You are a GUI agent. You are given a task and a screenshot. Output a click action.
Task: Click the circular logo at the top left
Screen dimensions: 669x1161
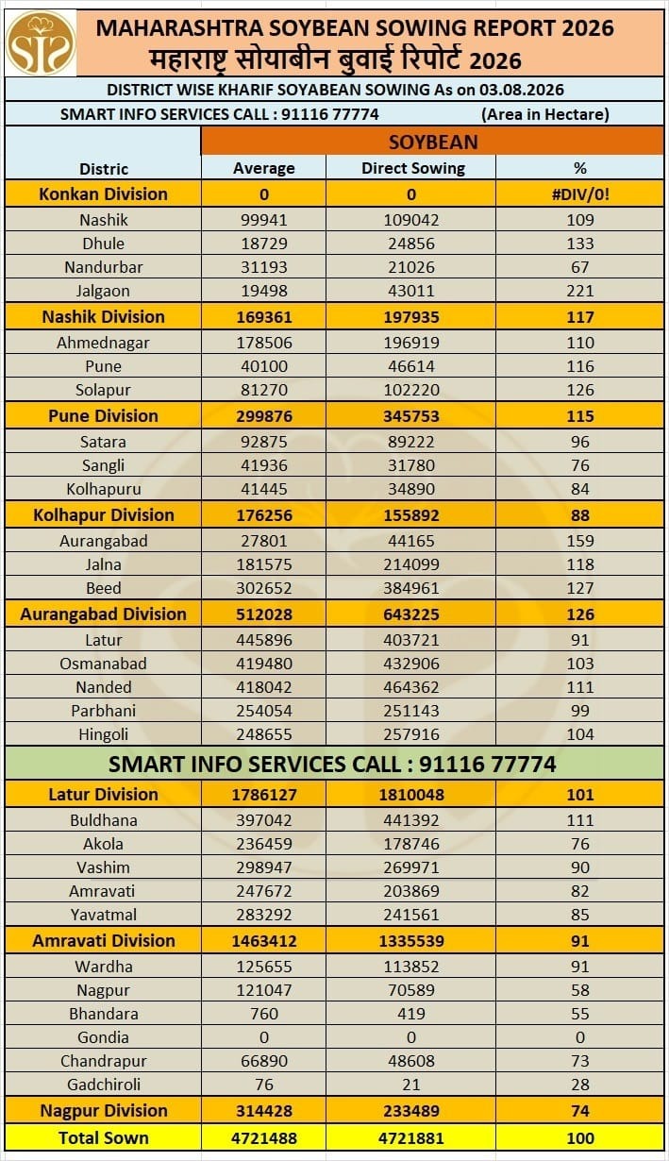tap(41, 43)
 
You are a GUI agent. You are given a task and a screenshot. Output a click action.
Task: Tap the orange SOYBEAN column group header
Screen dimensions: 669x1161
tap(433, 142)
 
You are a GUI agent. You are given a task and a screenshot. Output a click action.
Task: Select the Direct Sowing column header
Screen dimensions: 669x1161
tap(413, 168)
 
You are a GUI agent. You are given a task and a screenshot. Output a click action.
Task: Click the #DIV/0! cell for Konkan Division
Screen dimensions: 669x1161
tap(580, 194)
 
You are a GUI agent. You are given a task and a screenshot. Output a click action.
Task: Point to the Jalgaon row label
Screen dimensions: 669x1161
tap(103, 291)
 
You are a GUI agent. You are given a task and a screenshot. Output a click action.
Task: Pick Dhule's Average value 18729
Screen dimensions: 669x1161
tap(264, 244)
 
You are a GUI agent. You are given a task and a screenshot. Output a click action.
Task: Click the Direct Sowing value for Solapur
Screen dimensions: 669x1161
tap(411, 390)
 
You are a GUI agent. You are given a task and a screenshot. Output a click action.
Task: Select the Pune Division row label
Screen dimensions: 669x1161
tap(103, 415)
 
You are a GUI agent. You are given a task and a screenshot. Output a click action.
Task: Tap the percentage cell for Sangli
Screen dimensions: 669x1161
tap(580, 465)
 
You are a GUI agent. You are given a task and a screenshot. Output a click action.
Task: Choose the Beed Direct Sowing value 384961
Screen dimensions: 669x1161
tap(411, 588)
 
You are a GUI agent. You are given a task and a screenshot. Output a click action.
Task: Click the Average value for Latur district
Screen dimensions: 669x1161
tap(264, 640)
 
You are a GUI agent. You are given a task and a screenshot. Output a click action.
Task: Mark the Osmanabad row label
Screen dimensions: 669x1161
tap(103, 664)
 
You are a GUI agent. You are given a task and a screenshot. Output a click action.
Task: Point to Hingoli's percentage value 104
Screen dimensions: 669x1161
tap(580, 734)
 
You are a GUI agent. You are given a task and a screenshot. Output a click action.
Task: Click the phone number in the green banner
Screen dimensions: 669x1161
tap(487, 764)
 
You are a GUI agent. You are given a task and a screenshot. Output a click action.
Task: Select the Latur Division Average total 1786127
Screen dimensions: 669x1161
tap(264, 795)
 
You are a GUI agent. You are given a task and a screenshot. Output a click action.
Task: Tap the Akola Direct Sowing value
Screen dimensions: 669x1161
tap(411, 844)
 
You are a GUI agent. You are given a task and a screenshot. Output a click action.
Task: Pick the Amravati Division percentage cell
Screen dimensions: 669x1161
tap(580, 941)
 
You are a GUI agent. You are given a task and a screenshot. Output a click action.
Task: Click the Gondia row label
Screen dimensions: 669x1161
tap(103, 1037)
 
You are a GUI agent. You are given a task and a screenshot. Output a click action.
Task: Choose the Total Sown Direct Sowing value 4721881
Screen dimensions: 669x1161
tap(411, 1138)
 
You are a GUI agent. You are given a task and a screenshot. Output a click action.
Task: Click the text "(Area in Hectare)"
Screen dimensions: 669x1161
tap(545, 114)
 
